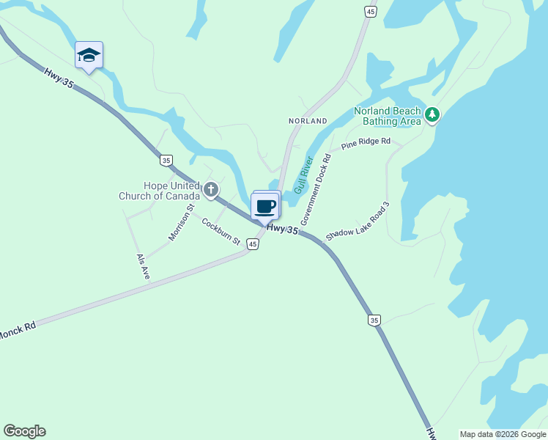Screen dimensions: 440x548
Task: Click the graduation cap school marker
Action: click(89, 55)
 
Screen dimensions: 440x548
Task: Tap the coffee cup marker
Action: click(265, 207)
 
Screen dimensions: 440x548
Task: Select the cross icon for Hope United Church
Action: click(211, 191)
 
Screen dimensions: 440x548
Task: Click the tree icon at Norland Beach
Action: click(432, 114)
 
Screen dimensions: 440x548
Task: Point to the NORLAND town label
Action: click(308, 120)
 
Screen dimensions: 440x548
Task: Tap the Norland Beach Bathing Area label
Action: click(388, 116)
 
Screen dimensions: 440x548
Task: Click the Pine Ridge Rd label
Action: click(366, 142)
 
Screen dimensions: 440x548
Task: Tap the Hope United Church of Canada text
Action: click(160, 191)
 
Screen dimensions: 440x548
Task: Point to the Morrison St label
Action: click(181, 222)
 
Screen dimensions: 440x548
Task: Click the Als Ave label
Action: click(143, 266)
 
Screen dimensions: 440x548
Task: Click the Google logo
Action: click(24, 431)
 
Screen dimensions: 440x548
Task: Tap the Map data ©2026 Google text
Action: click(502, 434)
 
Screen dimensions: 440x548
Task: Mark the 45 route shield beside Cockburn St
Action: click(252, 244)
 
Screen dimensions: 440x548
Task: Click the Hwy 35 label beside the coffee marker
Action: click(283, 230)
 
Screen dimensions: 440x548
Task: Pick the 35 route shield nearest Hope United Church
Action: click(166, 160)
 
